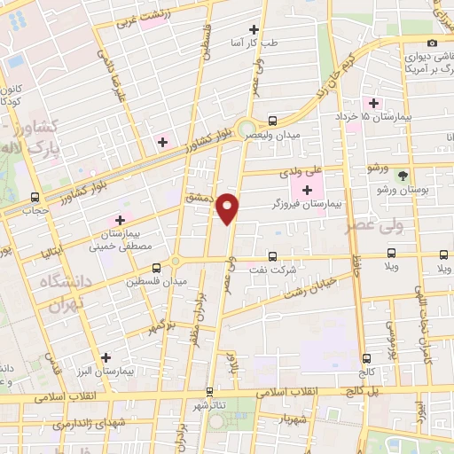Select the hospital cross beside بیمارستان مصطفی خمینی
coord(120,220)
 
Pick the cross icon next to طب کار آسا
coord(255,29)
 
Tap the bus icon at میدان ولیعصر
coord(272,121)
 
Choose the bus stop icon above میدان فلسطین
coord(156,267)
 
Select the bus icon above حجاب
coord(35,197)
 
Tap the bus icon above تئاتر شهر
coord(210,391)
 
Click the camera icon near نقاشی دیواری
coord(432,43)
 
